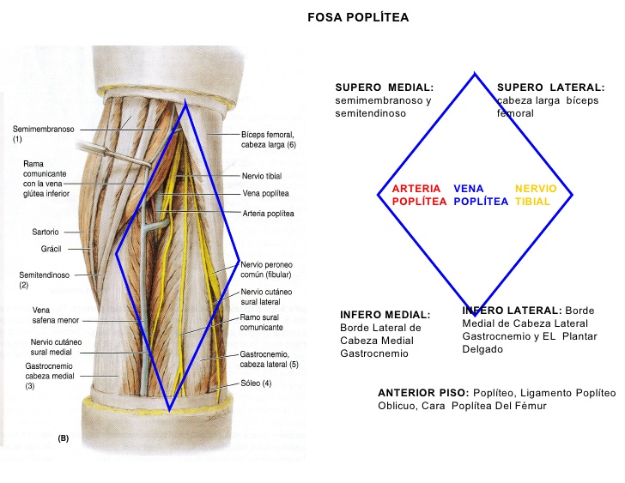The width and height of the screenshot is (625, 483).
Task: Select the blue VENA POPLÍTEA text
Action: [x=481, y=195]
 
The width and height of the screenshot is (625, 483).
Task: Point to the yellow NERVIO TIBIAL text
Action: [x=536, y=195]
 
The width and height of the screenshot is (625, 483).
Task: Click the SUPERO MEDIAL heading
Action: [x=384, y=88]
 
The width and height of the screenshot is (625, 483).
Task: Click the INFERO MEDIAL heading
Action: [x=385, y=314]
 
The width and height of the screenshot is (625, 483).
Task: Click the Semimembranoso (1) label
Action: [x=43, y=134]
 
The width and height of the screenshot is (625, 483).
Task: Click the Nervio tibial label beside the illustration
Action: [x=262, y=175]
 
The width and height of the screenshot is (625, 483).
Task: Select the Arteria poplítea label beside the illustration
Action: [x=268, y=213]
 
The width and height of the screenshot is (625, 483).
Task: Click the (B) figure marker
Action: [x=63, y=438]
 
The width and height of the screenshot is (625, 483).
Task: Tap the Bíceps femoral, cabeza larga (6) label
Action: [x=268, y=140]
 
